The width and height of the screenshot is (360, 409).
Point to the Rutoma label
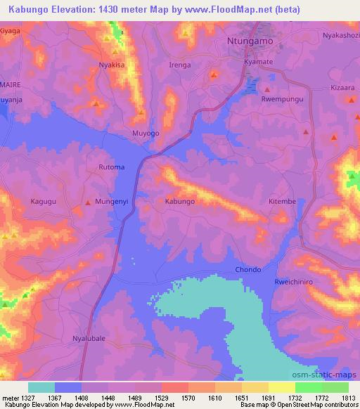point(110,167)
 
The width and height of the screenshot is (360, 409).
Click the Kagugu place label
point(44,202)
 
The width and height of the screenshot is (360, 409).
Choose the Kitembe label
point(282,202)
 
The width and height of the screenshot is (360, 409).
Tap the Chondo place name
point(248,270)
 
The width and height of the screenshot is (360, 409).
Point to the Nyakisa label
point(111,64)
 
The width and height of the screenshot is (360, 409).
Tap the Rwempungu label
point(281,99)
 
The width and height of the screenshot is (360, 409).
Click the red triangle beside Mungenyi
point(88,202)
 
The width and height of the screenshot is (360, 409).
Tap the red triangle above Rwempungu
point(267,90)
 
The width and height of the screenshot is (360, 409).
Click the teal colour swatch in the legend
point(41,387)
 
